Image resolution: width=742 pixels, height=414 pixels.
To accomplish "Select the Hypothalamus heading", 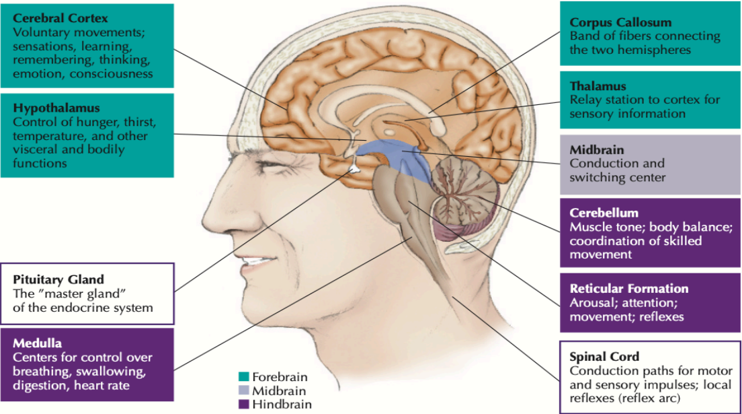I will [x=56, y=108].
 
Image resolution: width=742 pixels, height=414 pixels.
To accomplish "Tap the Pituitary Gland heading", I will [x=58, y=279].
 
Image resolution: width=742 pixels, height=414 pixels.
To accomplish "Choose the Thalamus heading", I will [x=598, y=86].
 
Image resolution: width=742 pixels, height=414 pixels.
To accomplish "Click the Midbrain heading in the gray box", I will [x=597, y=149].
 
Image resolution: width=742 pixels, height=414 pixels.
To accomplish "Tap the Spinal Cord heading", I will [x=604, y=356].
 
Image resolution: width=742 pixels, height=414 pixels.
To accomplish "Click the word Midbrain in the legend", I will [x=279, y=390].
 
